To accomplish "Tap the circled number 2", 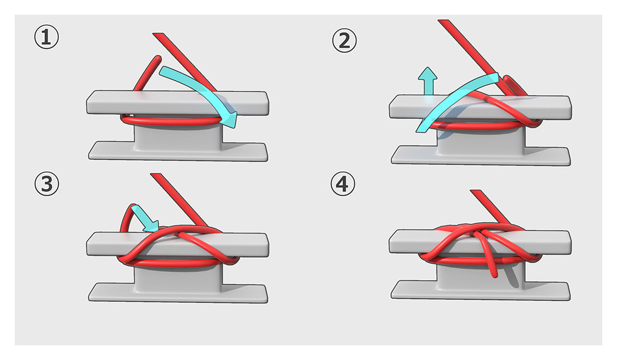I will tap(344, 41).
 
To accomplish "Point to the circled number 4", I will tap(344, 185).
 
